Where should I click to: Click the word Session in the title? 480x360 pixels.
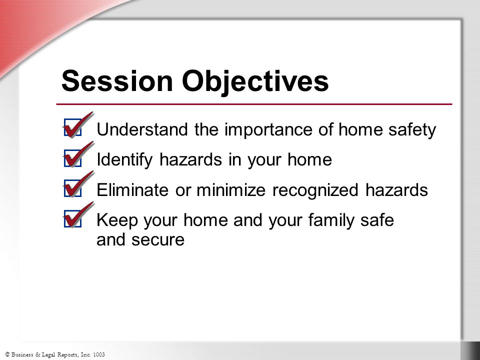coord(117,81)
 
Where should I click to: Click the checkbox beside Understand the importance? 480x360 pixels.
coord(73,127)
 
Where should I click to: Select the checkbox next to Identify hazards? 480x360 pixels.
coord(73,158)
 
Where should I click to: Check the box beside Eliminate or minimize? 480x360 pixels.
coord(73,188)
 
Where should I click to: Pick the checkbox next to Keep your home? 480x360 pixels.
coord(73,218)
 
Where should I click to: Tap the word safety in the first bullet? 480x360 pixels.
coord(412,130)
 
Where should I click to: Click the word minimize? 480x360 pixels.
coord(231,190)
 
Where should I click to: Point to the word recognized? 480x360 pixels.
coord(315,190)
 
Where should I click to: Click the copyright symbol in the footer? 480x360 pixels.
coord(7,354)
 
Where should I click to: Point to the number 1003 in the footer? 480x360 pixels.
coord(99,354)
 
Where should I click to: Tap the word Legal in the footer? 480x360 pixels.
coord(50,355)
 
